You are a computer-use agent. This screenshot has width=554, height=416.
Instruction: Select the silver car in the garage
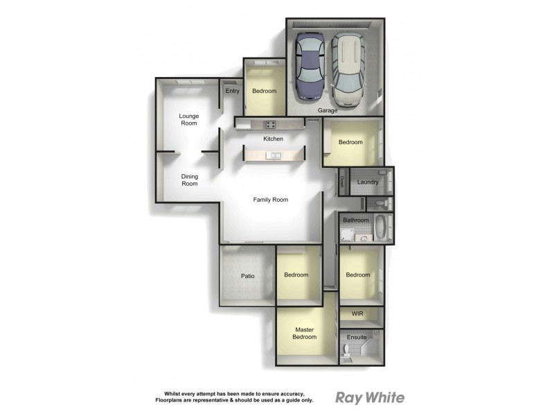point(348,69)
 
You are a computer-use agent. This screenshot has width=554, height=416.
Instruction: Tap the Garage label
point(328,111)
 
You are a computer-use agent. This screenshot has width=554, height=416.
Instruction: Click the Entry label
point(232,91)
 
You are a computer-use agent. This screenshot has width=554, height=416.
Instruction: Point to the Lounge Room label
point(188,120)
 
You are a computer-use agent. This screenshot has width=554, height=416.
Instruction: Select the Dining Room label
point(189,180)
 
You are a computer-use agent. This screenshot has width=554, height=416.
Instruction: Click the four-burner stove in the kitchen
point(270,125)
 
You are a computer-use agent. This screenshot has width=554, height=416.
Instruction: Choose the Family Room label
point(270,200)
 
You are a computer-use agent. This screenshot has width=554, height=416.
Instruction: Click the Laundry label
point(367,182)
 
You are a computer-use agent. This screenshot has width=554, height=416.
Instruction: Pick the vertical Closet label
point(342,182)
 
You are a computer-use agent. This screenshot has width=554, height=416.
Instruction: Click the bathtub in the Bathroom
point(381,227)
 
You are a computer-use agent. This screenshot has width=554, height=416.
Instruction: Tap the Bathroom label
point(356,220)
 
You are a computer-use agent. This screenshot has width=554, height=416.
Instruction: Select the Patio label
point(248,276)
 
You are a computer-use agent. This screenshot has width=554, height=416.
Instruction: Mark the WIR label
point(357,314)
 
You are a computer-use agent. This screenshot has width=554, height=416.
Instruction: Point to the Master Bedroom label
point(305,333)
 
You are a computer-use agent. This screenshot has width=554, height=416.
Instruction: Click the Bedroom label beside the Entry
point(264,92)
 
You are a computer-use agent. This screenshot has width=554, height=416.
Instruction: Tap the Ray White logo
point(370,397)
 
